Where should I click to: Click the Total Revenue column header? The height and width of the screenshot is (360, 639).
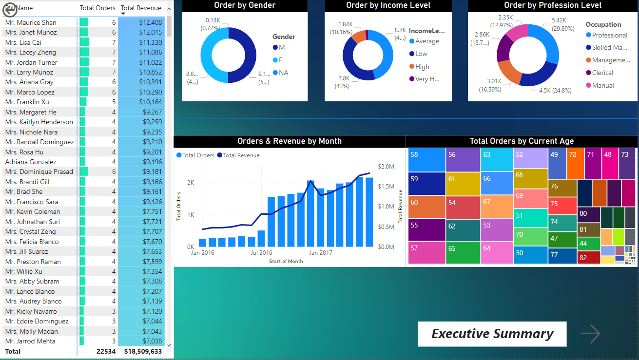[141, 8]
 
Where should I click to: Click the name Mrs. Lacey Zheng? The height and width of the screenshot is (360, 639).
[31, 52]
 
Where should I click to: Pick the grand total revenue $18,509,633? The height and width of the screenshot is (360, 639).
[143, 351]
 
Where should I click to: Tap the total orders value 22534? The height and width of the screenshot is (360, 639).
[106, 351]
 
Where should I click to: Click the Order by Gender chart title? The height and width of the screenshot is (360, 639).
[245, 5]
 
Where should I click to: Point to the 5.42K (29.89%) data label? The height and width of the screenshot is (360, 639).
[559, 24]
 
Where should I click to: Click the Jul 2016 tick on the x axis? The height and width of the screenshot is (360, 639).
[261, 253]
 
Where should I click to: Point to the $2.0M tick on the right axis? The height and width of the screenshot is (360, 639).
[386, 167]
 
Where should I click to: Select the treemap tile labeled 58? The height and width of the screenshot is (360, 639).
[426, 160]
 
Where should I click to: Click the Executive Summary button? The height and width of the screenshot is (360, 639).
[492, 334]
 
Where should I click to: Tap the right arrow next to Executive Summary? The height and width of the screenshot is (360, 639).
[590, 334]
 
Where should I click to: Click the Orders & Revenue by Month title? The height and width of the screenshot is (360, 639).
[290, 141]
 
